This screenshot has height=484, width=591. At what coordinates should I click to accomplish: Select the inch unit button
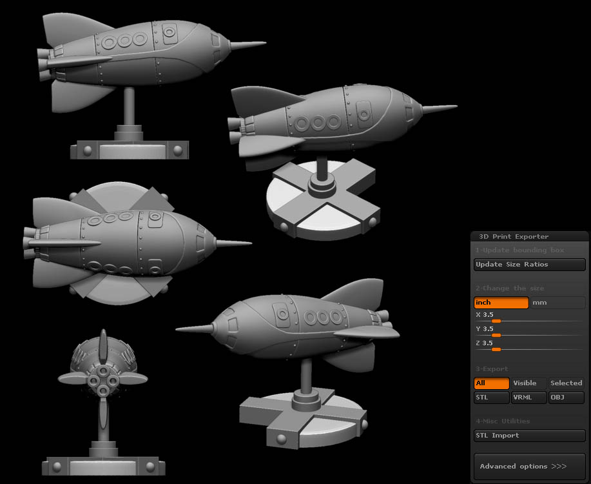point(501,303)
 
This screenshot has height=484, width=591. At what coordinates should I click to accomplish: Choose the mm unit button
point(557,303)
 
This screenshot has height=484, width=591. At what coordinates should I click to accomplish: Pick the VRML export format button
point(528,398)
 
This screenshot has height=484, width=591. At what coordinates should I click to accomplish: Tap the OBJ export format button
point(566,398)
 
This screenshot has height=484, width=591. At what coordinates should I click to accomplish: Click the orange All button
point(491,383)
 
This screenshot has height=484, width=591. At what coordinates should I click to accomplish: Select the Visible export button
point(528,383)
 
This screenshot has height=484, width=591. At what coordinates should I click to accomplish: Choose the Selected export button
point(566,383)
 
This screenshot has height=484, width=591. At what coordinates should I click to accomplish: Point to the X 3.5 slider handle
point(496,321)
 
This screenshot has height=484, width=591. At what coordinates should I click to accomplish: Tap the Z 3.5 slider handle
point(496,349)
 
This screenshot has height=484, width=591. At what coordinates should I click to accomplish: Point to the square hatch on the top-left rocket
point(170,30)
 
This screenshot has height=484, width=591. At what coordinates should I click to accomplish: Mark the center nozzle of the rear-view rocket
point(103,380)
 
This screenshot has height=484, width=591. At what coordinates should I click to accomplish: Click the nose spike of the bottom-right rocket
point(193,328)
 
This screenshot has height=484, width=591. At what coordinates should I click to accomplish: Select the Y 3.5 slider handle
point(496,335)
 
